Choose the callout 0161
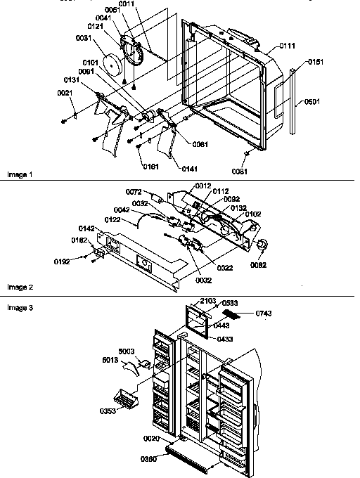150,167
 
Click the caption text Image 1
19,173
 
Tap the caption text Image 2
19,287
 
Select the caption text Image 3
19,308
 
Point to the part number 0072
134,192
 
